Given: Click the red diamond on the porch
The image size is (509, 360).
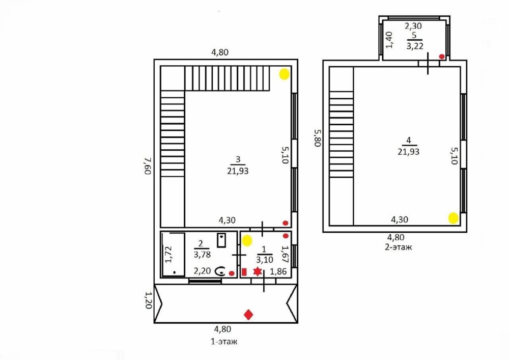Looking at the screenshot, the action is tap(248, 315).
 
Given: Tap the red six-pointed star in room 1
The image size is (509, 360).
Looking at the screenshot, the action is tap(258, 271).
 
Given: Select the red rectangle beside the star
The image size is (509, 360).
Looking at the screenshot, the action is tap(244, 272).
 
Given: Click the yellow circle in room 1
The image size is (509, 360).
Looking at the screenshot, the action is tap(247, 240).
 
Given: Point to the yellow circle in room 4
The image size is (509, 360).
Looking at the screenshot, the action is tap(454, 218).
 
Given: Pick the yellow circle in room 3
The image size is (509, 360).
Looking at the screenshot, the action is tap(285, 74).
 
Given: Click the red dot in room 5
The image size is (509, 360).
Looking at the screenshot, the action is tap(442, 57).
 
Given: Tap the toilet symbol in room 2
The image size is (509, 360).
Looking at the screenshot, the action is tap(221, 271).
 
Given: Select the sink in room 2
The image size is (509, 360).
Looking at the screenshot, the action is tap(221, 240).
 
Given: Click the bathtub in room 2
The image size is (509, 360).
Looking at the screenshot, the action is tap(173, 255).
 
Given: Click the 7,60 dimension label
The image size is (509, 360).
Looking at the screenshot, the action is tap(148, 166).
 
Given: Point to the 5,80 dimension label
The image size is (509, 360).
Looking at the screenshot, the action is tap(318, 138).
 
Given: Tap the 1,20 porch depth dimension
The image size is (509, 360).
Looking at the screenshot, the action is tap(148, 300).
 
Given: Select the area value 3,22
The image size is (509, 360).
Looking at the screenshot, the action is tap(415, 46).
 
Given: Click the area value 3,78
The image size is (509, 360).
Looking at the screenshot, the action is tap(202, 254).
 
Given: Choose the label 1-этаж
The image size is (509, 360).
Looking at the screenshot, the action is tap(224, 342).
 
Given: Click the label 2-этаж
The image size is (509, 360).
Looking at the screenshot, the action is tap(399, 247).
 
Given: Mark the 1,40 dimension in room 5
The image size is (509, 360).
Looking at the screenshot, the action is tap(390, 40).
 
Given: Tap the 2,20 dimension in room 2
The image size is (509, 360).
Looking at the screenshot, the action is tap(202, 271).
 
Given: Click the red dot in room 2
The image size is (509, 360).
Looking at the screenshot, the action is tap(232, 273).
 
